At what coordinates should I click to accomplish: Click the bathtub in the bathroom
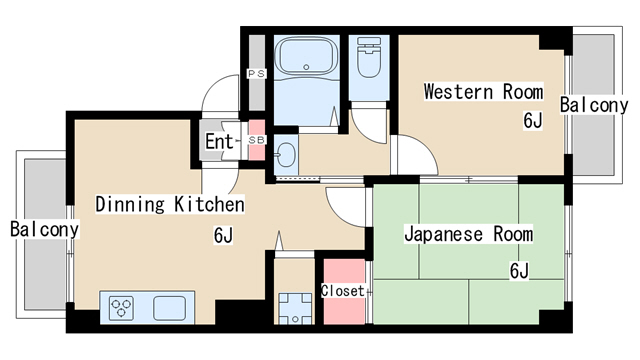click(306, 56)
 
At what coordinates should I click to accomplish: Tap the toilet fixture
click(369, 57)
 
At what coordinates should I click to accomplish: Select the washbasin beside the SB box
click(286, 155)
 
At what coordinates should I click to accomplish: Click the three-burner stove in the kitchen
click(121, 307)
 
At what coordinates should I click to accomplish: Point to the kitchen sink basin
click(169, 308)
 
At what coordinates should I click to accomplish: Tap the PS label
click(257, 74)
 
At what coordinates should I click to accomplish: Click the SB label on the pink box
click(257, 140)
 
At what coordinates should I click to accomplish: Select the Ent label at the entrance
click(219, 142)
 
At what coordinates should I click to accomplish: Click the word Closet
click(342, 291)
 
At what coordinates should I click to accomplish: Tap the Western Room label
click(484, 91)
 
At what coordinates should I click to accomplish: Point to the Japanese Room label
click(469, 234)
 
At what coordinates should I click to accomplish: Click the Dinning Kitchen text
click(170, 204)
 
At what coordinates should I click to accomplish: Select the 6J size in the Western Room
click(533, 120)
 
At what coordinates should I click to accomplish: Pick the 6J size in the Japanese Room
click(519, 271)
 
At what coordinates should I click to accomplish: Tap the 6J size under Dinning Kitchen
click(223, 235)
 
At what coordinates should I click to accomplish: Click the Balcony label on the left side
click(44, 229)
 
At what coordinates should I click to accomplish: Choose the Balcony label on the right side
click(594, 105)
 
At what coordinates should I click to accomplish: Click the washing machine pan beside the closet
click(295, 308)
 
